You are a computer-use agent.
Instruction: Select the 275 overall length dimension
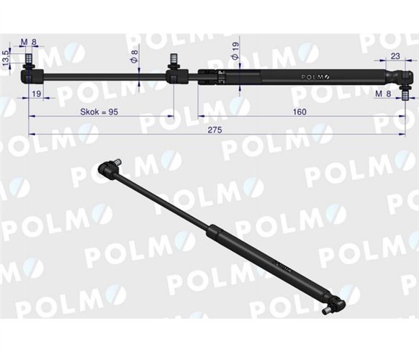point(214,129)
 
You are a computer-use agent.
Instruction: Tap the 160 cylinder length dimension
point(299,112)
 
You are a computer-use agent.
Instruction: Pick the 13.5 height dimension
point(6,58)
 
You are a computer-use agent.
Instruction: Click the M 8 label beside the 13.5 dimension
point(29,42)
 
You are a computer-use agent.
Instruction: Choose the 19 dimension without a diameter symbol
point(36,93)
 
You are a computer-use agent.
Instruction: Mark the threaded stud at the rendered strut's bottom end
point(327,312)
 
